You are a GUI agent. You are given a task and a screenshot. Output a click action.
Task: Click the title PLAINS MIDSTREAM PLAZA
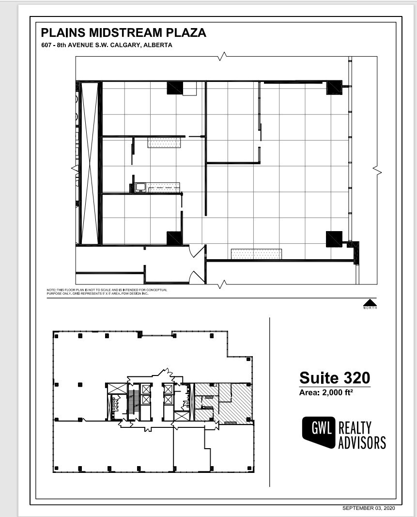124,32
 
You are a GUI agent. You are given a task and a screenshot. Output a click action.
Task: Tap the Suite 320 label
335,377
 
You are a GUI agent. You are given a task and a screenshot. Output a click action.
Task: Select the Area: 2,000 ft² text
325,392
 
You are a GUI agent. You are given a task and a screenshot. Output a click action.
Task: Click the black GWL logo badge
318,431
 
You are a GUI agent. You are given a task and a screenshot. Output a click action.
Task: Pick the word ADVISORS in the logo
362,442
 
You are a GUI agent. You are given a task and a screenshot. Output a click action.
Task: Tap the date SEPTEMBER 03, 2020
369,508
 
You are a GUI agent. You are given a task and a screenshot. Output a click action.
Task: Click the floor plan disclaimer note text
107,292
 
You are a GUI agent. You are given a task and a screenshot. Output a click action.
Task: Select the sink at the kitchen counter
141,187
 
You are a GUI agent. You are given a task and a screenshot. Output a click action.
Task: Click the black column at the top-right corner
334,88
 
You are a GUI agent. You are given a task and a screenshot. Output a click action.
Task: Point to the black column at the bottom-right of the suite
334,239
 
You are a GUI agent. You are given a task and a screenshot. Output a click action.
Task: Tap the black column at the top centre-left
175,88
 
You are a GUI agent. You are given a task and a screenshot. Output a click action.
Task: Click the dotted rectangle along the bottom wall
256,254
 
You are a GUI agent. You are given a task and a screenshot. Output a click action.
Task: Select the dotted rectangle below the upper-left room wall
164,142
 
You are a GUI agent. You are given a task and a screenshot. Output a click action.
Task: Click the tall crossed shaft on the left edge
90,163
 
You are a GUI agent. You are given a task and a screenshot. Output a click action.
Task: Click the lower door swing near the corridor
197,277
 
